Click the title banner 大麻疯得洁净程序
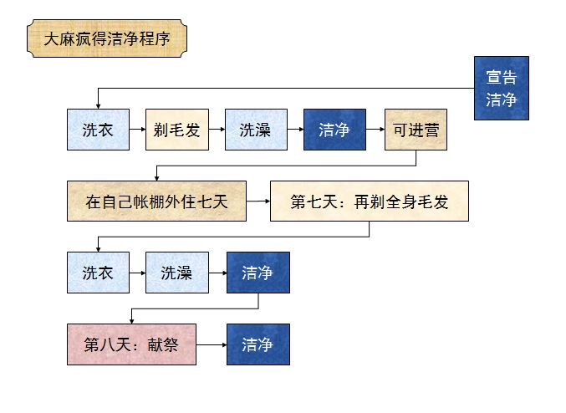(x=107, y=38)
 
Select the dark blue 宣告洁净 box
(x=501, y=88)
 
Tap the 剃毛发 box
(x=176, y=130)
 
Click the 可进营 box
(x=416, y=130)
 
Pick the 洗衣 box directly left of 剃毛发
(x=98, y=130)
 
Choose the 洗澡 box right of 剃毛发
(x=255, y=130)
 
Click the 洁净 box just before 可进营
(x=334, y=130)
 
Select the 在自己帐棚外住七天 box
(x=156, y=201)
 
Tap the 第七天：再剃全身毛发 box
(x=369, y=201)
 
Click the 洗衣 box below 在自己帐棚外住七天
(x=98, y=273)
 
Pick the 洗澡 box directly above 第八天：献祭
(x=176, y=273)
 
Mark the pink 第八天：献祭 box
(x=131, y=344)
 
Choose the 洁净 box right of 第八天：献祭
(x=258, y=344)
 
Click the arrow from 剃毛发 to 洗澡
(x=216, y=130)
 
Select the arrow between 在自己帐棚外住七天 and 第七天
(x=258, y=201)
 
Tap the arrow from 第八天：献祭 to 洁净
(x=212, y=344)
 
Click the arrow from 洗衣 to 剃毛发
(x=137, y=130)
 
